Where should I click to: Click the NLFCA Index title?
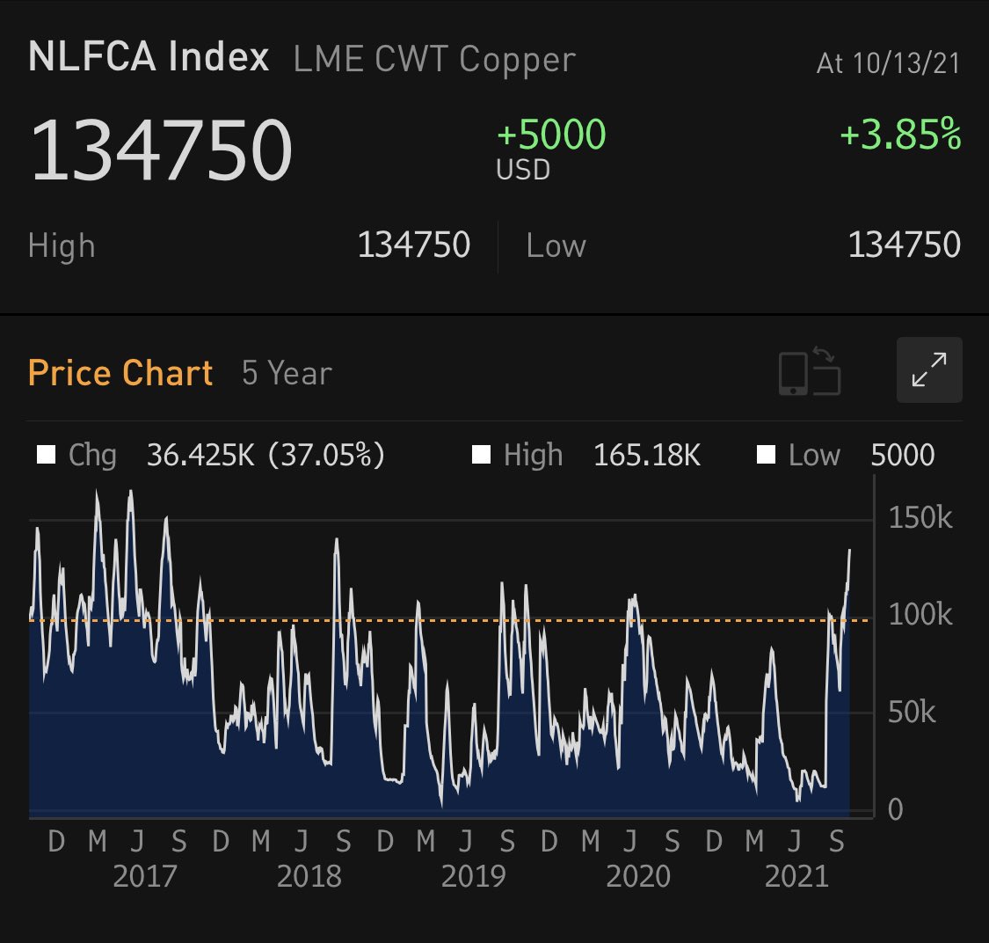coord(149,58)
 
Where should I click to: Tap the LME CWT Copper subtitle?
coord(434,60)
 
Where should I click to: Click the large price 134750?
coord(161,150)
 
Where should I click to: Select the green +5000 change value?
coord(551,135)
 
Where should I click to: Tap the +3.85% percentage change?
coord(900,135)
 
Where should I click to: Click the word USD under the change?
coord(523,169)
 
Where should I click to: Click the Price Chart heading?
coord(120,373)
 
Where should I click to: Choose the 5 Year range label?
coord(287,373)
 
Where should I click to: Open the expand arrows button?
coord(929,369)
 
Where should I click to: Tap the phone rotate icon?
coord(809,371)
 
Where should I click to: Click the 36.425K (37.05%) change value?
coord(265,455)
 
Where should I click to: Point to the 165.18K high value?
coord(646,455)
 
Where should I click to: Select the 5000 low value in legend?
coord(902,455)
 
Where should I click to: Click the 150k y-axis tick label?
coord(920,517)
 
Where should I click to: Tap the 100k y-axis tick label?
coord(920,614)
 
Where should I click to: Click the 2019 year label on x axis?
coord(473,876)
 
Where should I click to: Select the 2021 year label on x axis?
coord(796,876)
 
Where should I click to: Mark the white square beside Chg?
coord(46,455)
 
